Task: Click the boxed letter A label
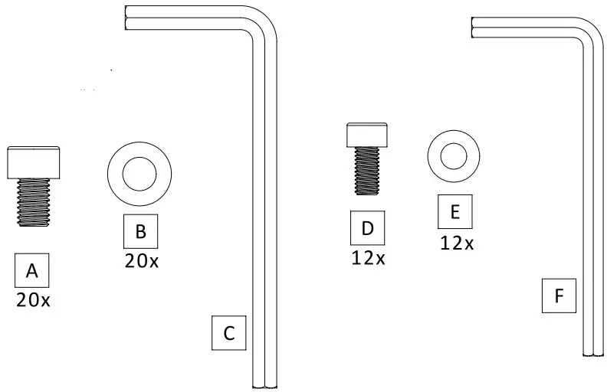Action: (x=32, y=271)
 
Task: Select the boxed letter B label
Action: (x=140, y=230)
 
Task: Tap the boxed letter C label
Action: (x=228, y=333)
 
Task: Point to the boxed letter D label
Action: (x=367, y=228)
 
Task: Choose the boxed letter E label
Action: (x=455, y=212)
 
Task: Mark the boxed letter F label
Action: (x=558, y=296)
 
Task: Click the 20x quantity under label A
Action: (x=33, y=300)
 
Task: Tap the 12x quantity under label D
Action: (x=368, y=257)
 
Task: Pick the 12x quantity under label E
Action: (x=456, y=243)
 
